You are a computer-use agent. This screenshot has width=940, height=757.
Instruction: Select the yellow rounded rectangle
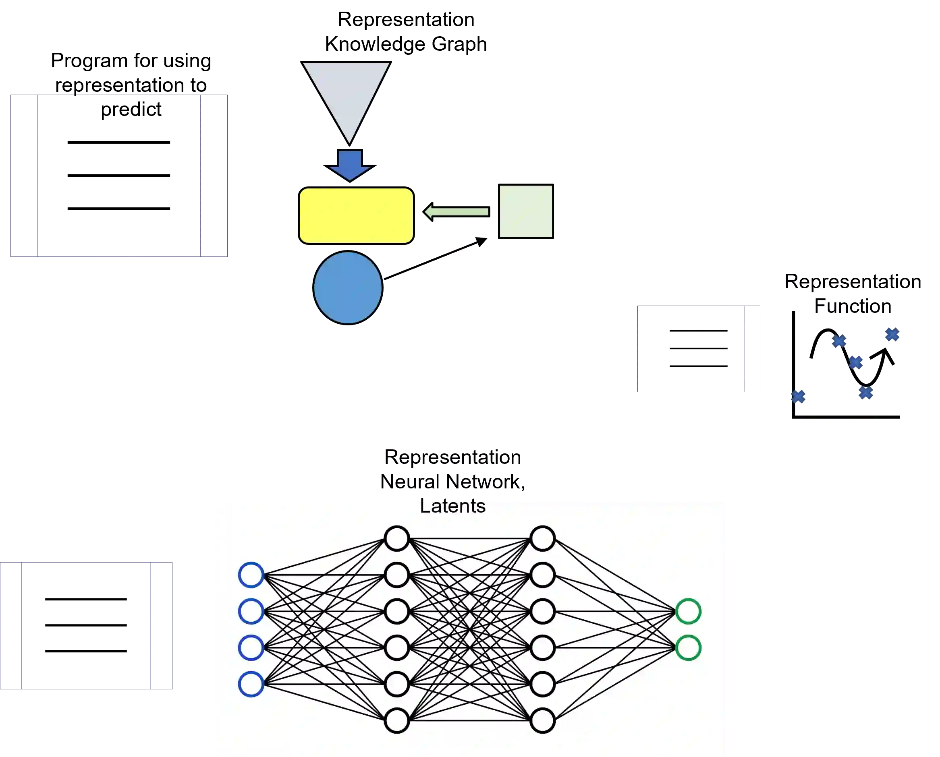pyautogui.click(x=356, y=215)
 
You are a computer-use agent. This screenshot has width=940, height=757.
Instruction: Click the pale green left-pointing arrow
pyautogui.click(x=457, y=212)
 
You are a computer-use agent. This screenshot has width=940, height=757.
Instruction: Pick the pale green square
pyautogui.click(x=526, y=211)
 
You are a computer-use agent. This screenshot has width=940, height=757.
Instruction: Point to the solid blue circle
pyautogui.click(x=348, y=288)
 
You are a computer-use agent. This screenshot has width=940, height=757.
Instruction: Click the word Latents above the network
pyautogui.click(x=452, y=507)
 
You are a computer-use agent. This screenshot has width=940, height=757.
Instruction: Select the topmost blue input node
pyautogui.click(x=251, y=575)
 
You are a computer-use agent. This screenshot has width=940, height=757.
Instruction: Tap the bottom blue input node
pyautogui.click(x=251, y=684)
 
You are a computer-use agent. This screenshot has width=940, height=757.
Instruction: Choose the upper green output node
pyautogui.click(x=688, y=611)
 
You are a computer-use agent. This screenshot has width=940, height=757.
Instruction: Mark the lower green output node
pyautogui.click(x=688, y=647)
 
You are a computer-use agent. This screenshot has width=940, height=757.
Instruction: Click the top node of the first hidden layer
pyautogui.click(x=397, y=538)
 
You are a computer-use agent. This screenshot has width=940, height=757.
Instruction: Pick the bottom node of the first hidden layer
pyautogui.click(x=397, y=720)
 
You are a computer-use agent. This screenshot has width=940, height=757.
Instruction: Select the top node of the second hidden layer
pyautogui.click(x=542, y=538)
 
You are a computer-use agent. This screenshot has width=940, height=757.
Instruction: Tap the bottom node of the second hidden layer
pyautogui.click(x=542, y=720)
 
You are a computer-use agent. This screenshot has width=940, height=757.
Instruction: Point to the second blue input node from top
pyautogui.click(x=251, y=611)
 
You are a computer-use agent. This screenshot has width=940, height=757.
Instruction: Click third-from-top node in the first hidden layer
pyautogui.click(x=397, y=611)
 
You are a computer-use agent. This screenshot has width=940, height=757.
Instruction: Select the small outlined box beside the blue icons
pyautogui.click(x=698, y=348)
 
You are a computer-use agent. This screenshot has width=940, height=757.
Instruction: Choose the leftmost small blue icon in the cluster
pyautogui.click(x=799, y=397)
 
